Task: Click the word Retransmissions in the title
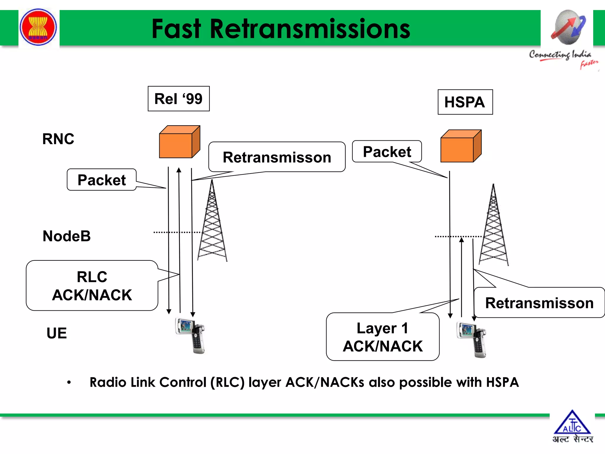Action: pos(310,29)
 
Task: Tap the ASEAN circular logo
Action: pos(38,27)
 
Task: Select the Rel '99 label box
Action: pos(178,99)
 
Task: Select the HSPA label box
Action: pos(465,102)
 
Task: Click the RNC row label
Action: pos(58,139)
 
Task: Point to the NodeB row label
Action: pos(66,236)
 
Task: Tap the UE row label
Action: pos(57,333)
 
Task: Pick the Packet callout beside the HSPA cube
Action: pos(387,152)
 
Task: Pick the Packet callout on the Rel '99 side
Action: pos(102,180)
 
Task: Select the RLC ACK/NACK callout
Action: pos(92,286)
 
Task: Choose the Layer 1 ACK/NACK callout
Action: pos(383,337)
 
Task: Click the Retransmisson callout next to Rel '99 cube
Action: pos(277,157)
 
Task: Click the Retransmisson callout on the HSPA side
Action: pos(539,303)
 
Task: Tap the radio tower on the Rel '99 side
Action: pos(212,225)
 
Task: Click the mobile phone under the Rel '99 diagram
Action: pos(191,335)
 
